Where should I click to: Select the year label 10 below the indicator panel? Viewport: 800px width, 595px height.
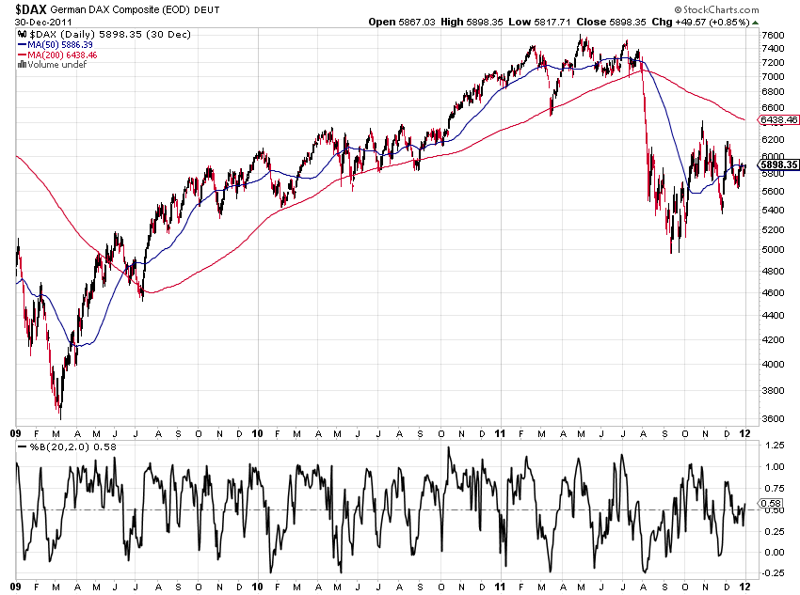tap(258, 587)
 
